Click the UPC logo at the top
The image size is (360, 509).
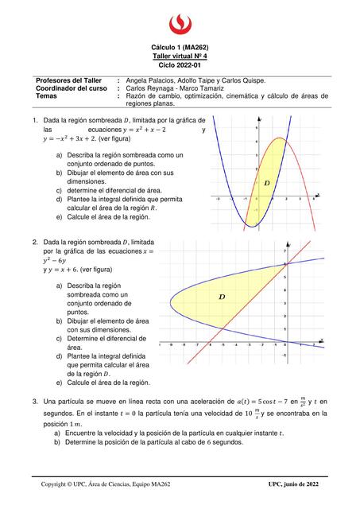180,21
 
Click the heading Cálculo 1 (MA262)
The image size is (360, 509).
180,48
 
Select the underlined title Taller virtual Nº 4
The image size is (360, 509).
180,56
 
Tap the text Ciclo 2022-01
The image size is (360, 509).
180,65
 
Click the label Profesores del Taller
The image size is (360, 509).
70,80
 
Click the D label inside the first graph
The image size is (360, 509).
266,183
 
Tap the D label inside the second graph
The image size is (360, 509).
221,297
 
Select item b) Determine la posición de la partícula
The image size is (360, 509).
149,442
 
